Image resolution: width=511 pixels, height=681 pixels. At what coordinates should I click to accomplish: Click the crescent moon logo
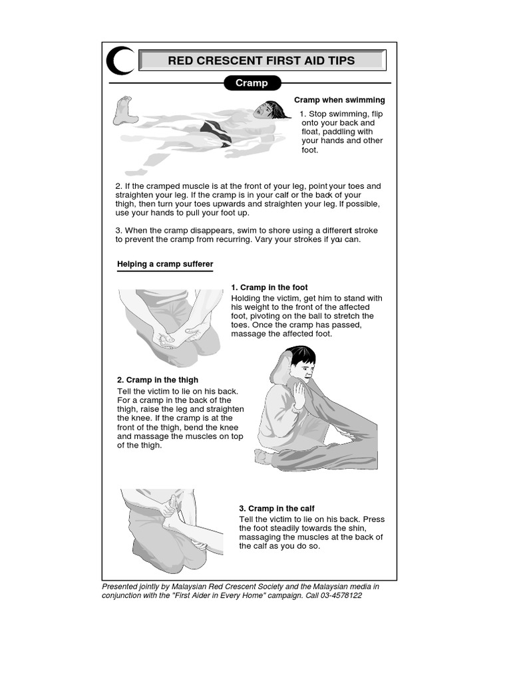coord(118,61)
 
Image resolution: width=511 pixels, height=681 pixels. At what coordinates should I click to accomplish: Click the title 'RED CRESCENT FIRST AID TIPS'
coord(261,61)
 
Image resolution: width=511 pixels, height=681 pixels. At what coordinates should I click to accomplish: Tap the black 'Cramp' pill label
coord(252,83)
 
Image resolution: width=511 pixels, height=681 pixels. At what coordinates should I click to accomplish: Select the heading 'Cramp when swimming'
coord(339,100)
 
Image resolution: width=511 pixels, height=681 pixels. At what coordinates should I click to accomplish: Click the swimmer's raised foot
coord(123,110)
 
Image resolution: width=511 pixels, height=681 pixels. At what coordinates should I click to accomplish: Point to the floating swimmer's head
coord(270,110)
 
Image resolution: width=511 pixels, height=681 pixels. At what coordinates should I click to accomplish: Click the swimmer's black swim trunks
coord(218,132)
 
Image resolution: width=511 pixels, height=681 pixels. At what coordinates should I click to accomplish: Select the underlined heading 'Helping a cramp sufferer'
coord(165,265)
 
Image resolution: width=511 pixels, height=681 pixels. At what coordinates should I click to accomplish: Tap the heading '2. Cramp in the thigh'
coord(158,380)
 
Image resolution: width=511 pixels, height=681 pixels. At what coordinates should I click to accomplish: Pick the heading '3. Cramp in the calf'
coord(277,509)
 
